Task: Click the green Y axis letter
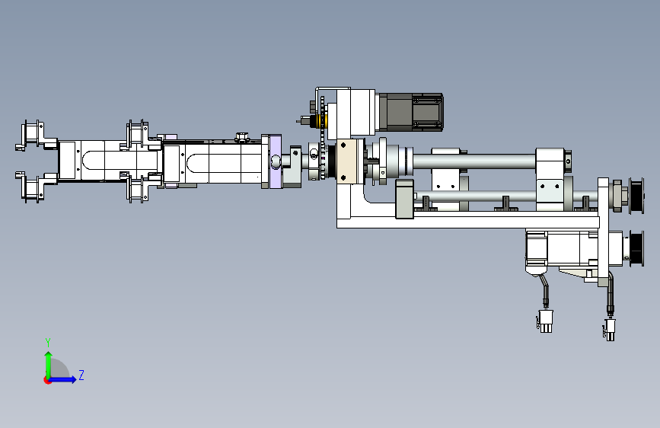tap(48, 343)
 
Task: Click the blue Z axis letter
tap(81, 375)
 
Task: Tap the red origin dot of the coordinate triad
tap(47, 380)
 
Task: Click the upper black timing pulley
tap(636, 196)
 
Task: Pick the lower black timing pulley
tap(636, 248)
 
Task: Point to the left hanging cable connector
tap(546, 321)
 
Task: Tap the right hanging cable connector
tap(610, 329)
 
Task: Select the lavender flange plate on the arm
tap(276, 161)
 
